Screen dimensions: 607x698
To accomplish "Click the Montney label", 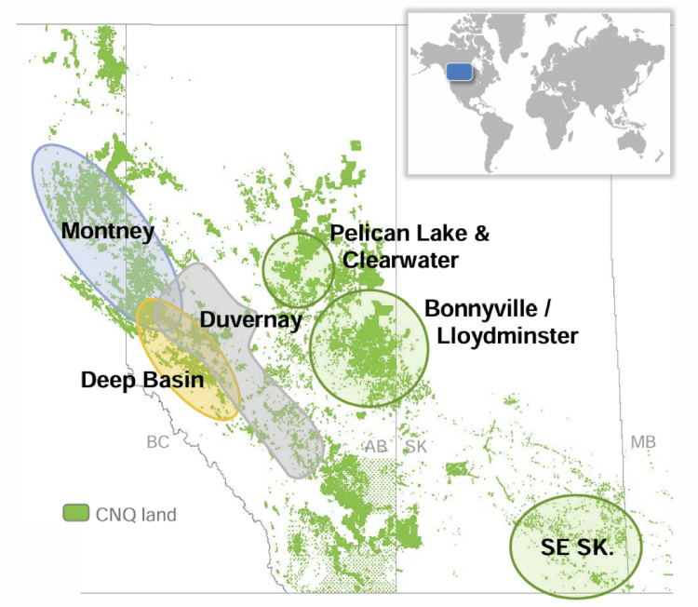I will (107, 231).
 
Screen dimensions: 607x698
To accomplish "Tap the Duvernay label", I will (252, 321).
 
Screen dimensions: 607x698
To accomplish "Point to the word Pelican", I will (363, 234).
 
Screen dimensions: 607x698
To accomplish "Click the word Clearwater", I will (400, 261).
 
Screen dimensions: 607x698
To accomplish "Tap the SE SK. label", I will (577, 547).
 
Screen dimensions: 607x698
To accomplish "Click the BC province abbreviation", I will (157, 442).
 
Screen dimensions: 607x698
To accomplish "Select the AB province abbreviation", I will (376, 446).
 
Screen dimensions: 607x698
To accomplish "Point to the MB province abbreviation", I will (643, 441).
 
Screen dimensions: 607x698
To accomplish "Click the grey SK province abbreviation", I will (415, 446).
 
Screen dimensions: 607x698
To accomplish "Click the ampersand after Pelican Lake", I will (480, 234).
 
